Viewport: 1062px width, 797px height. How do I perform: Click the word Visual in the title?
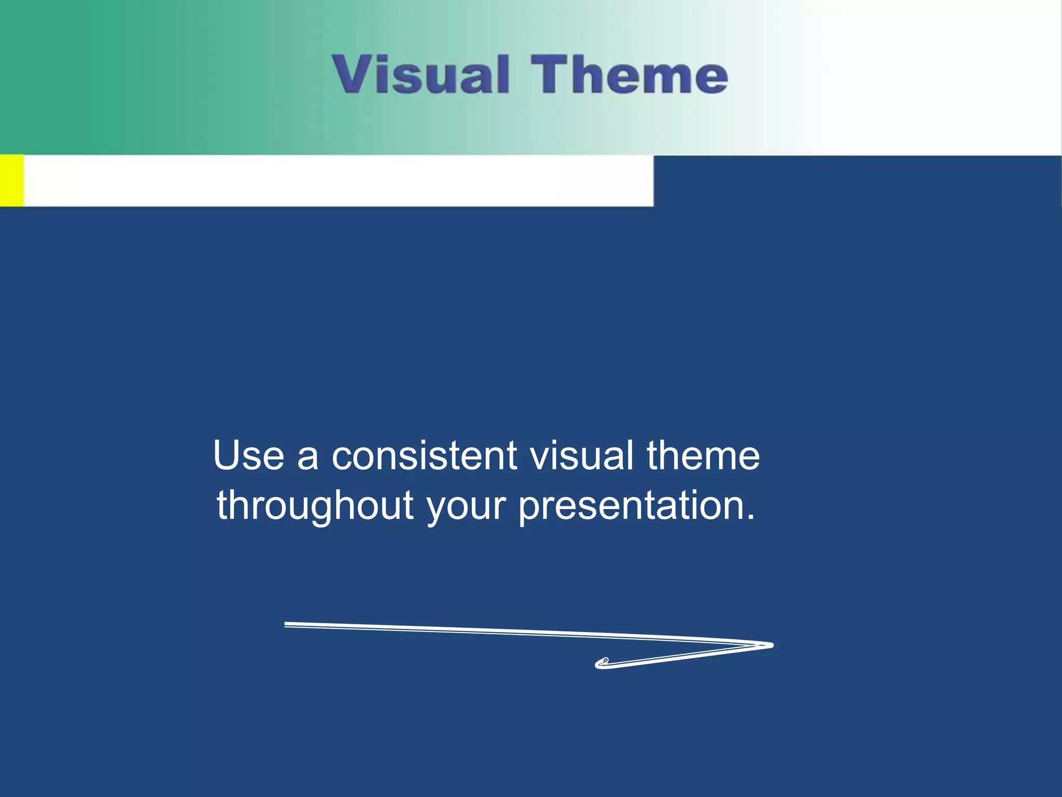click(421, 75)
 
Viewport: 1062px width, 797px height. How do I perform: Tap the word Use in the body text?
click(248, 456)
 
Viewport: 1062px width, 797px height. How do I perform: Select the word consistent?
click(424, 456)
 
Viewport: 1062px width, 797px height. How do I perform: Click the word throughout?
click(315, 506)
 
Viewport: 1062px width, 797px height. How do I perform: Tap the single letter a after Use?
click(308, 459)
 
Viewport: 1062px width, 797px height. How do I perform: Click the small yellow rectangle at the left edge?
click(11, 180)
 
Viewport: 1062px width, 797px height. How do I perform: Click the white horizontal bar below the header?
click(337, 181)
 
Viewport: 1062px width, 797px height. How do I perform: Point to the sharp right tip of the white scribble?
click(772, 645)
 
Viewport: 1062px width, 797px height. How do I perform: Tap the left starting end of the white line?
click(287, 624)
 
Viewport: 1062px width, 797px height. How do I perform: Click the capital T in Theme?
click(549, 75)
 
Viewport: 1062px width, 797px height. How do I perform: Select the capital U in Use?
click(227, 456)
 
